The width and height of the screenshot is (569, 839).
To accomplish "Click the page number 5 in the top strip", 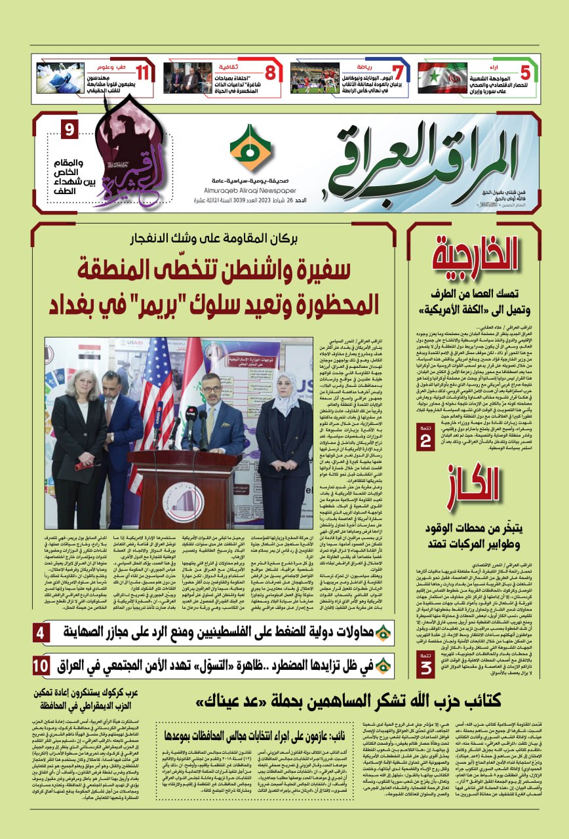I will pos(525,72).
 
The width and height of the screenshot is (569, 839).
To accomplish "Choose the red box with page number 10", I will pos(40,665).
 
